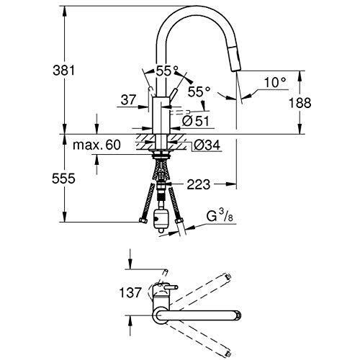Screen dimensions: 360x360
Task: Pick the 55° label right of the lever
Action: pos(199,91)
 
